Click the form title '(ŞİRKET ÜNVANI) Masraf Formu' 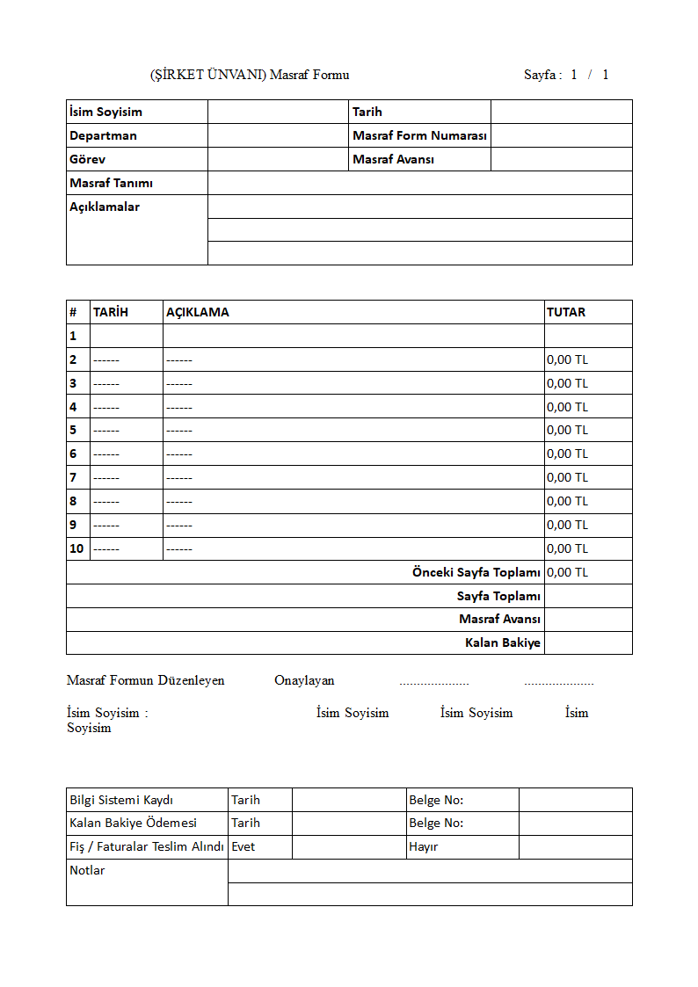(x=250, y=75)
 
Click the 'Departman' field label (x=103, y=135)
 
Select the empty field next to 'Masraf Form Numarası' (x=561, y=135)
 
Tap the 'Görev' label (x=87, y=159)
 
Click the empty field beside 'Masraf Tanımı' (x=419, y=183)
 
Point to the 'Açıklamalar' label (x=105, y=207)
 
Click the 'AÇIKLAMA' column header (x=198, y=312)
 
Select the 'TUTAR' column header (x=566, y=312)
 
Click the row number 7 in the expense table (x=74, y=477)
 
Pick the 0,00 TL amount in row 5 (x=567, y=430)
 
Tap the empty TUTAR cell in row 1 (x=587, y=336)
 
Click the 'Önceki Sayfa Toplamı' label (x=476, y=572)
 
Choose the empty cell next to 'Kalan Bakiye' (x=587, y=642)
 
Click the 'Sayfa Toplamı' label (x=498, y=596)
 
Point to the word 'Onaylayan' (x=304, y=680)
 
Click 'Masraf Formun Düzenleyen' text (x=146, y=680)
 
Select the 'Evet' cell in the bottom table (x=244, y=847)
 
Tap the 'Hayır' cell (x=423, y=847)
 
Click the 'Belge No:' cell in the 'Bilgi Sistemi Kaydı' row (x=436, y=800)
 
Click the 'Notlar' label (x=87, y=871)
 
